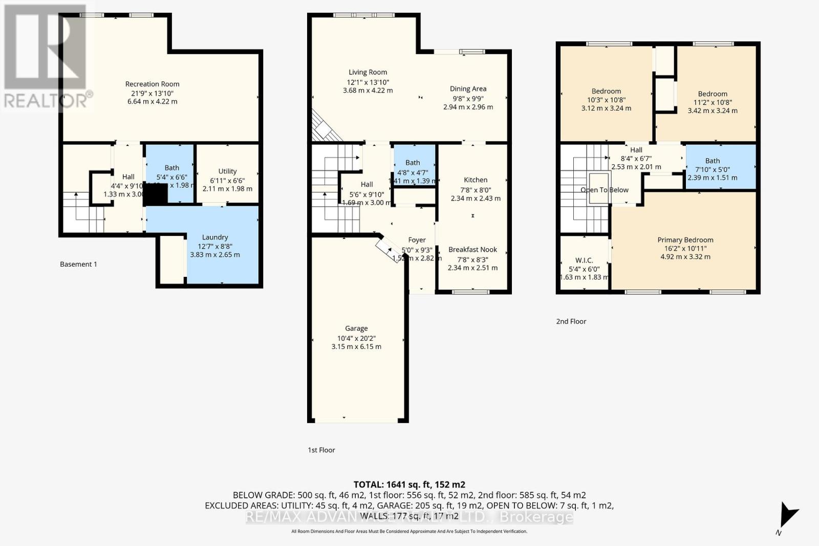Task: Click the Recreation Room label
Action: (x=152, y=84)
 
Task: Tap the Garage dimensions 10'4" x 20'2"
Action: (x=356, y=338)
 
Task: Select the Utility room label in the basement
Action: (x=227, y=171)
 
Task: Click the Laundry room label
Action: (x=214, y=237)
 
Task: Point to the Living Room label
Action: (x=368, y=72)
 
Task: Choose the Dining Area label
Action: (x=468, y=89)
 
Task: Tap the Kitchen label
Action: (x=476, y=180)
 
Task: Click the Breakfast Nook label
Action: (x=472, y=249)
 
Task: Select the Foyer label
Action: (x=417, y=239)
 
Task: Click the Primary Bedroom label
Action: (x=685, y=239)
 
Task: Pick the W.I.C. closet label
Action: (x=584, y=260)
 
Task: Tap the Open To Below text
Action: (x=604, y=190)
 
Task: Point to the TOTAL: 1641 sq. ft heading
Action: (x=409, y=484)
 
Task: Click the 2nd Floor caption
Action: (x=571, y=321)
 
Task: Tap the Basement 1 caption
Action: (x=78, y=264)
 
